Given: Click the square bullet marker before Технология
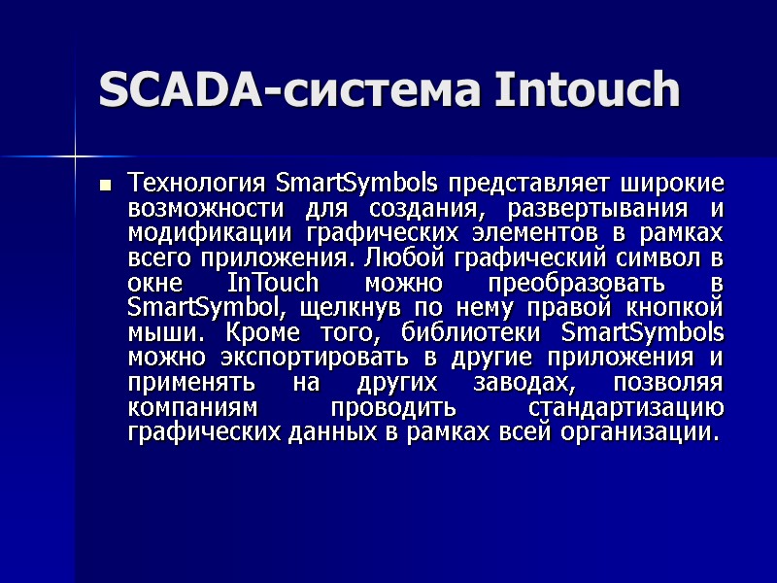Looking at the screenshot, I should click(106, 184).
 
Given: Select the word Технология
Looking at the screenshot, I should click(199, 183).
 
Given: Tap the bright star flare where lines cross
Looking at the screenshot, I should click(75, 154).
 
